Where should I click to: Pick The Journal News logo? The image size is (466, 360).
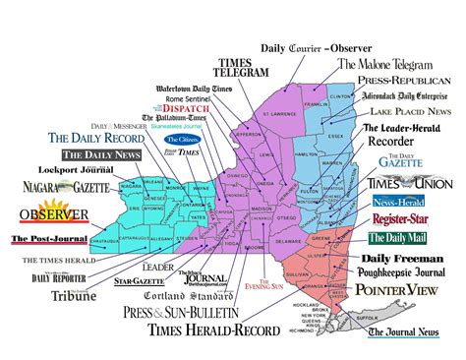point(405,331)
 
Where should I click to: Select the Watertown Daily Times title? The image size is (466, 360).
point(194,90)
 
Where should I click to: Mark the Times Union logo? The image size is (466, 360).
point(407,183)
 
